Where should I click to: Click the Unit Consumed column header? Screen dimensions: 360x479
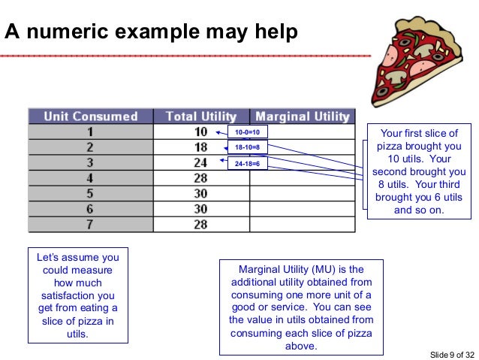pyautogui.click(x=91, y=116)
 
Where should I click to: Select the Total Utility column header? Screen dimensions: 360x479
pyautogui.click(x=200, y=116)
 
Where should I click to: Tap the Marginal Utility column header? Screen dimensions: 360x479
pyautogui.click(x=303, y=116)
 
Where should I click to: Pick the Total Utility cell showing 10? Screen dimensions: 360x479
pyautogui.click(x=200, y=132)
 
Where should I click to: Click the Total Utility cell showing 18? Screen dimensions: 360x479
pyautogui.click(x=200, y=147)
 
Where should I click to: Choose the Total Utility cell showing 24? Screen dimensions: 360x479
pyautogui.click(x=200, y=162)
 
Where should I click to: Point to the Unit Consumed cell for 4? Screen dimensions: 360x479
pyautogui.click(x=91, y=177)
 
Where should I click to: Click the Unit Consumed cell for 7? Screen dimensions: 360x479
pyautogui.click(x=91, y=225)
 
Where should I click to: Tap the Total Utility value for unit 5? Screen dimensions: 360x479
pyautogui.click(x=200, y=193)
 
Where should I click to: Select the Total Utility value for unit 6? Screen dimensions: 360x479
pyautogui.click(x=200, y=209)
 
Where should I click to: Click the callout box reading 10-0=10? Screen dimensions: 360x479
pyautogui.click(x=247, y=132)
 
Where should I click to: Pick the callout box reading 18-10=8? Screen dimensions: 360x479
pyautogui.click(x=247, y=147)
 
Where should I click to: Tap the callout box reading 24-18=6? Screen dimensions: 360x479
pyautogui.click(x=247, y=163)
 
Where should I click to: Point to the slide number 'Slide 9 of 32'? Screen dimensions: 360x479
pyautogui.click(x=451, y=353)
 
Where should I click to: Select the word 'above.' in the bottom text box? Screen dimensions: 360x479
pyautogui.click(x=300, y=346)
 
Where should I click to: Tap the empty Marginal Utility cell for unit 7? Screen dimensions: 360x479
pyautogui.click(x=303, y=225)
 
